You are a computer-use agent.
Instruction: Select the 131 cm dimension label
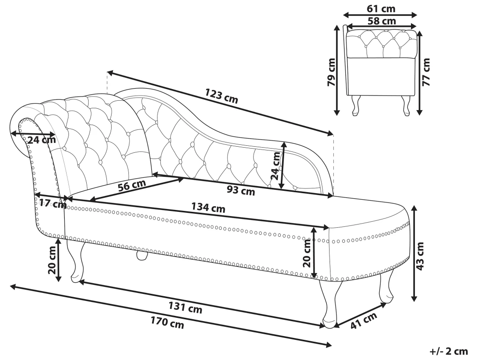pyautogui.click(x=185, y=307)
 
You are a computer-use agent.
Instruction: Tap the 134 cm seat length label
pyautogui.click(x=208, y=207)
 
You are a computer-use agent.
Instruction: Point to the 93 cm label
pyautogui.click(x=240, y=190)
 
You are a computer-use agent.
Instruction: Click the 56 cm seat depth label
pyautogui.click(x=132, y=185)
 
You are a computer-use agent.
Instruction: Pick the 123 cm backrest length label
pyautogui.click(x=221, y=96)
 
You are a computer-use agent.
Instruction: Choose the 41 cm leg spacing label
pyautogui.click(x=363, y=321)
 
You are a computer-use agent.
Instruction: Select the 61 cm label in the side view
pyautogui.click(x=381, y=8)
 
